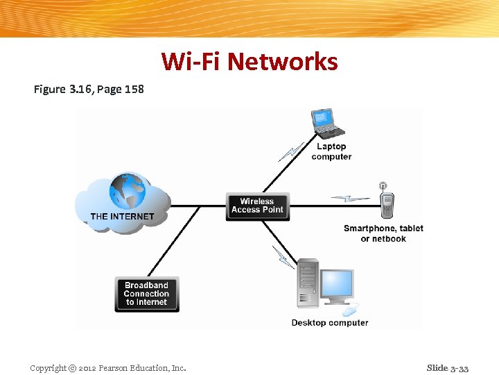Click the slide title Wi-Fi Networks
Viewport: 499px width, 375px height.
click(249, 62)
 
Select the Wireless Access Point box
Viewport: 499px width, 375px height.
click(257, 206)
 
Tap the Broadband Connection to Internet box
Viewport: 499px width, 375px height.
click(146, 294)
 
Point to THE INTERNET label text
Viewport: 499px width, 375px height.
click(122, 217)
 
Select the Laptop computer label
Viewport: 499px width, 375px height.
click(331, 151)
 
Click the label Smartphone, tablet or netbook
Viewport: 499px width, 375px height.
click(383, 233)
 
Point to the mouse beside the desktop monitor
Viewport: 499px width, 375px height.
click(352, 308)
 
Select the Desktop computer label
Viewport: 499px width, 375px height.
click(330, 323)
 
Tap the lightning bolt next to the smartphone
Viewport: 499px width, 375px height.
click(350, 199)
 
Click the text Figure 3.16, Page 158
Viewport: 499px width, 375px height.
click(89, 89)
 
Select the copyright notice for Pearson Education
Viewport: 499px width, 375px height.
click(108, 368)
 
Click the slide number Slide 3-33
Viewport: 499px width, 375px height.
click(448, 368)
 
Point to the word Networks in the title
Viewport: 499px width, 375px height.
click(283, 62)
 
